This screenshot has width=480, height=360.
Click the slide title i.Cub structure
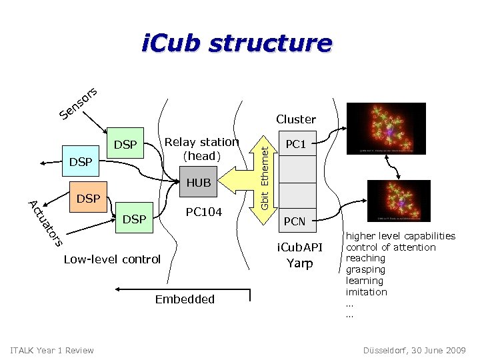236,44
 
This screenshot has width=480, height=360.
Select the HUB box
199,183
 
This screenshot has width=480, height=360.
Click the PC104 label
203,212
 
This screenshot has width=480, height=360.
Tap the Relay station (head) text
201,149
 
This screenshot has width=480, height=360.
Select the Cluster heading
295,119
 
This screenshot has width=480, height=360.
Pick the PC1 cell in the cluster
295,144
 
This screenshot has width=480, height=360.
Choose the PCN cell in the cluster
295,221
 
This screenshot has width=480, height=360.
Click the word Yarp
299,263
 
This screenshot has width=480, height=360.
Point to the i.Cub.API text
299,248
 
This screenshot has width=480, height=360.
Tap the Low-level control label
112,259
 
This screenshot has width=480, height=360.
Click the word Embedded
185,299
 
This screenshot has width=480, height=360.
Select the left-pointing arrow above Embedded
153,289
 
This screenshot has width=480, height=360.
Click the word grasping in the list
365,269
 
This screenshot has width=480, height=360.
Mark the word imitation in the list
366,292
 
